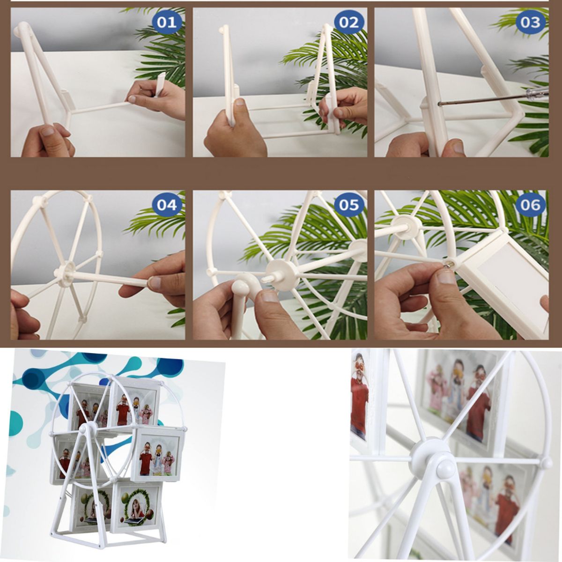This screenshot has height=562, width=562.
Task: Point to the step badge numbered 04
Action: point(167,205)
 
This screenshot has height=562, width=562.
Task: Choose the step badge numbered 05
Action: point(349,205)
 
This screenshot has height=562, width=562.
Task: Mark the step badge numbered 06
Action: point(531,205)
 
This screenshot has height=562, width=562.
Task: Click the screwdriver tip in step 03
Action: point(439,104)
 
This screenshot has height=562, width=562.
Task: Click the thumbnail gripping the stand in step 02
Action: point(240,103)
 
